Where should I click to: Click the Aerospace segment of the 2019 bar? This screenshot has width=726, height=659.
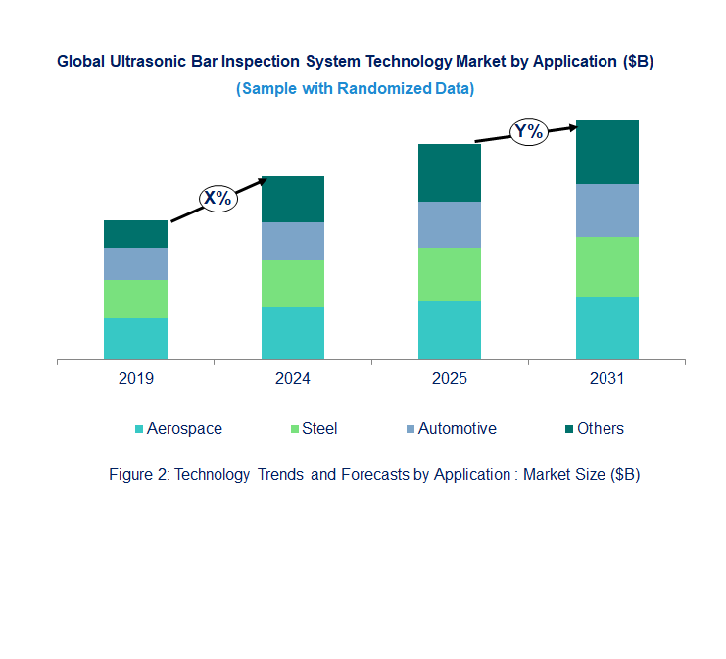135,339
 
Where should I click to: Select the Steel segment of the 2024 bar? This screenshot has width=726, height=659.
293,284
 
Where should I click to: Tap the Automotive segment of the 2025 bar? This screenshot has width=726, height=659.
450,225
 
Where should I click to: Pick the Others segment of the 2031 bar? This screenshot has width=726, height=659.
606,152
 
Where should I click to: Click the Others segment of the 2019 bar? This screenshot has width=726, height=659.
135,234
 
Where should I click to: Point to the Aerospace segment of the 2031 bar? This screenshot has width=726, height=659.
606,328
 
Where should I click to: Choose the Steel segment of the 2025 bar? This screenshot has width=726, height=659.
450,274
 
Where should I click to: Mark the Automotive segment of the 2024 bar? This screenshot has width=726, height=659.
293,241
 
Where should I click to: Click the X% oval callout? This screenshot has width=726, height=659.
219,198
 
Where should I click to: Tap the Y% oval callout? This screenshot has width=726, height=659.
528,131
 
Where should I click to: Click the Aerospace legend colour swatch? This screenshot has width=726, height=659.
139,429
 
